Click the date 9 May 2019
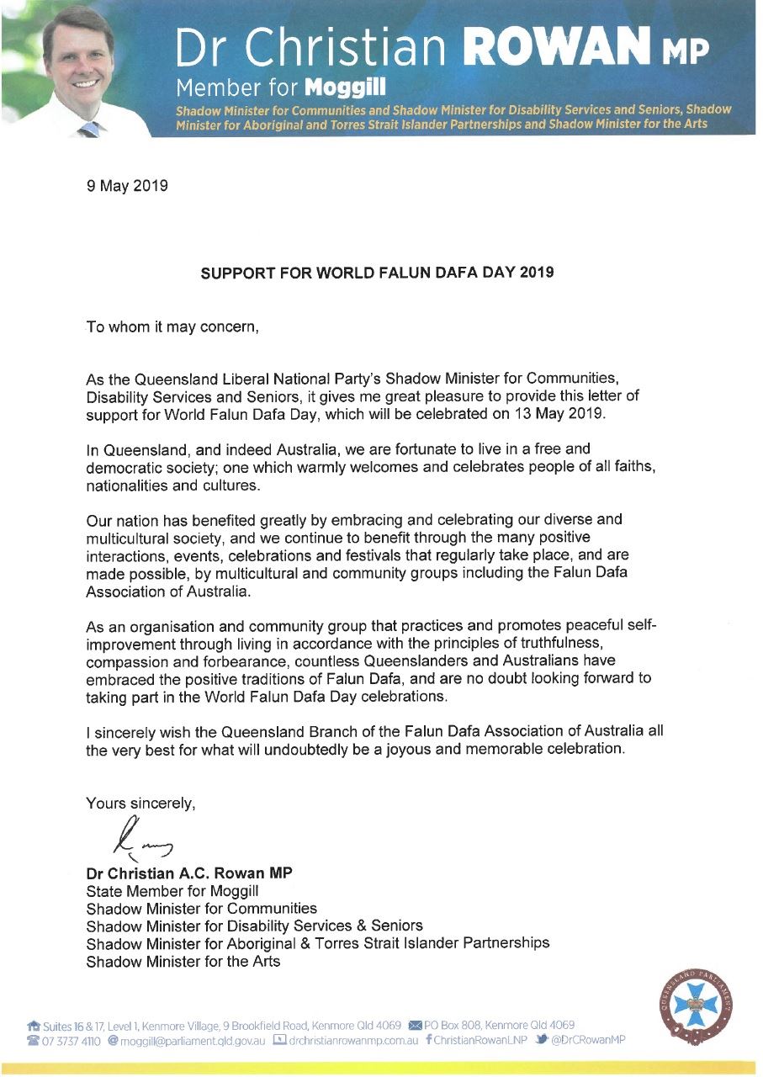click(x=127, y=186)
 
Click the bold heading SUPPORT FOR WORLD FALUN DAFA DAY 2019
click(x=377, y=273)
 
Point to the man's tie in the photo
click(x=88, y=128)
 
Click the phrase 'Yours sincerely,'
click(x=140, y=804)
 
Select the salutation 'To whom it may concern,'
click(x=172, y=326)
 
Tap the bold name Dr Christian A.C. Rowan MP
click(x=189, y=873)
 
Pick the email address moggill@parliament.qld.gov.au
click(x=192, y=1041)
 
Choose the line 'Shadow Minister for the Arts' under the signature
click(x=183, y=961)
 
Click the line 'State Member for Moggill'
click(x=172, y=890)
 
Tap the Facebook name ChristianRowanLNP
click(x=480, y=1041)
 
